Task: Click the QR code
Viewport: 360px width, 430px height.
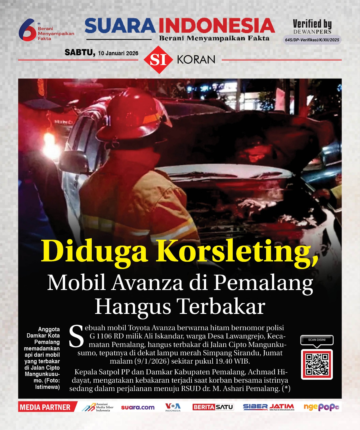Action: coord(317,364)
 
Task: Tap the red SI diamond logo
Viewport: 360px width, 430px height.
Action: coord(158,60)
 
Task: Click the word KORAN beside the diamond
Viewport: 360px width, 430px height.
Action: coord(196,60)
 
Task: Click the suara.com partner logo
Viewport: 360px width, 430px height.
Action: coord(138,407)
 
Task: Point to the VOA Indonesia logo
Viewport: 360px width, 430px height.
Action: coord(173,407)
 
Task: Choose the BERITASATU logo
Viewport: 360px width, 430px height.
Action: coord(213,407)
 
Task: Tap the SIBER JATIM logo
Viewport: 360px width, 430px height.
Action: coord(269,407)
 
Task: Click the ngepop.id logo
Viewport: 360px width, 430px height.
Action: coord(321,407)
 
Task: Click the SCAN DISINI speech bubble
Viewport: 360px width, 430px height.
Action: coord(317,340)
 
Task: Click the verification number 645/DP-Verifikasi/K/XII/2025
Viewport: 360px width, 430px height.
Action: coord(312,40)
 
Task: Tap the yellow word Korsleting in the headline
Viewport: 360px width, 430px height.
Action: coord(237,251)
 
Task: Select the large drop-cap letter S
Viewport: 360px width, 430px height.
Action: coord(76,336)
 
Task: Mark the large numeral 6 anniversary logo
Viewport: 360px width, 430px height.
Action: coord(27,30)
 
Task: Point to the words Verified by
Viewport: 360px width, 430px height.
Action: coord(312,24)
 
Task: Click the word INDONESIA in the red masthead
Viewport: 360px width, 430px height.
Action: coord(217,26)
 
